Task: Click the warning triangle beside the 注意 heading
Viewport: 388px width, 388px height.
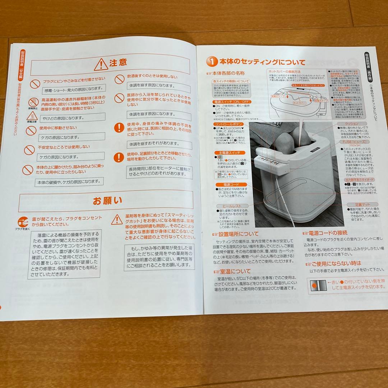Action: point(101,65)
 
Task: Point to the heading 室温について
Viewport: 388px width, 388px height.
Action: point(235,271)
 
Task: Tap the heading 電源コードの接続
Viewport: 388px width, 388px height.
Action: point(327,232)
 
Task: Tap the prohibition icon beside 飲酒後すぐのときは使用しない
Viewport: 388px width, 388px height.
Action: point(120,79)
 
